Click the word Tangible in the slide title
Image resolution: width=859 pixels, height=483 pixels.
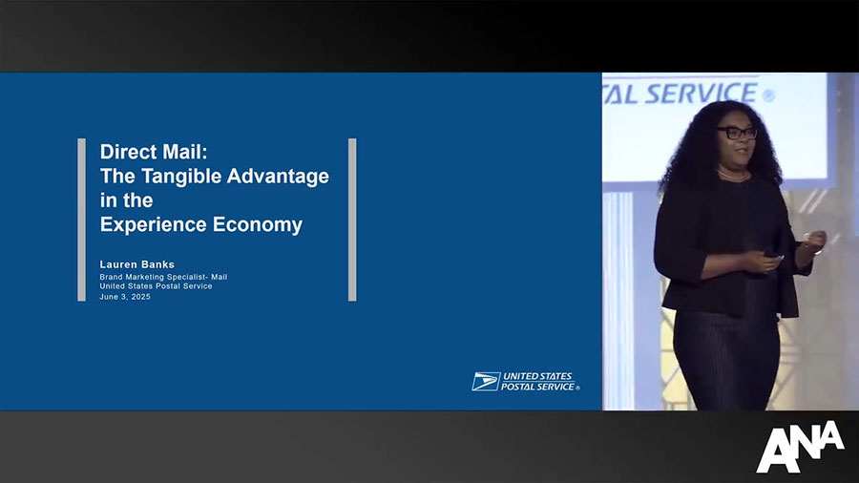pyautogui.click(x=182, y=177)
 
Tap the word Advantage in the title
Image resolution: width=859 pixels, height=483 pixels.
pyautogui.click(x=278, y=176)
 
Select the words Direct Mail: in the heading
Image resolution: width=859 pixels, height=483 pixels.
pyautogui.click(x=154, y=152)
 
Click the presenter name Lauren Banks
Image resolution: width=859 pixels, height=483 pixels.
pyautogui.click(x=136, y=264)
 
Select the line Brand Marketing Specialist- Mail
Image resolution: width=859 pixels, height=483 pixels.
pyautogui.click(x=163, y=277)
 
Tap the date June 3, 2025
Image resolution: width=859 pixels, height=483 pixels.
pyautogui.click(x=125, y=297)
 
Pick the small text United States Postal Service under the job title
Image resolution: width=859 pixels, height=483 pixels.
pyautogui.click(x=156, y=285)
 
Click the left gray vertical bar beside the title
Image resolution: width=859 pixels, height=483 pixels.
pyautogui.click(x=82, y=220)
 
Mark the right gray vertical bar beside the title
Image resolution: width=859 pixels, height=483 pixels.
pyautogui.click(x=352, y=220)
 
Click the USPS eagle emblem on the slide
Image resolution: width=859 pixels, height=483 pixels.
pyautogui.click(x=486, y=382)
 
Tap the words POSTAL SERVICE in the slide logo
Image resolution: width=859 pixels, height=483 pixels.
pyautogui.click(x=537, y=387)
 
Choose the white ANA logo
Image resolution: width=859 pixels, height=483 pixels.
pyautogui.click(x=800, y=447)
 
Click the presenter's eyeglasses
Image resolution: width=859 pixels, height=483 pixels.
pyautogui.click(x=738, y=133)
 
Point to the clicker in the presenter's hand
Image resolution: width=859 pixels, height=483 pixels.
pyautogui.click(x=776, y=256)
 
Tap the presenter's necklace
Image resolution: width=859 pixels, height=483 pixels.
pyautogui.click(x=733, y=177)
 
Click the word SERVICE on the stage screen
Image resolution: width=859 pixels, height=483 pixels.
pyautogui.click(x=701, y=94)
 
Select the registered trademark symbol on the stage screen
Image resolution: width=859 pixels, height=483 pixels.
pyautogui.click(x=768, y=95)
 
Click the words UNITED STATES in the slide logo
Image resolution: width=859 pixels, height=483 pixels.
pyautogui.click(x=537, y=376)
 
